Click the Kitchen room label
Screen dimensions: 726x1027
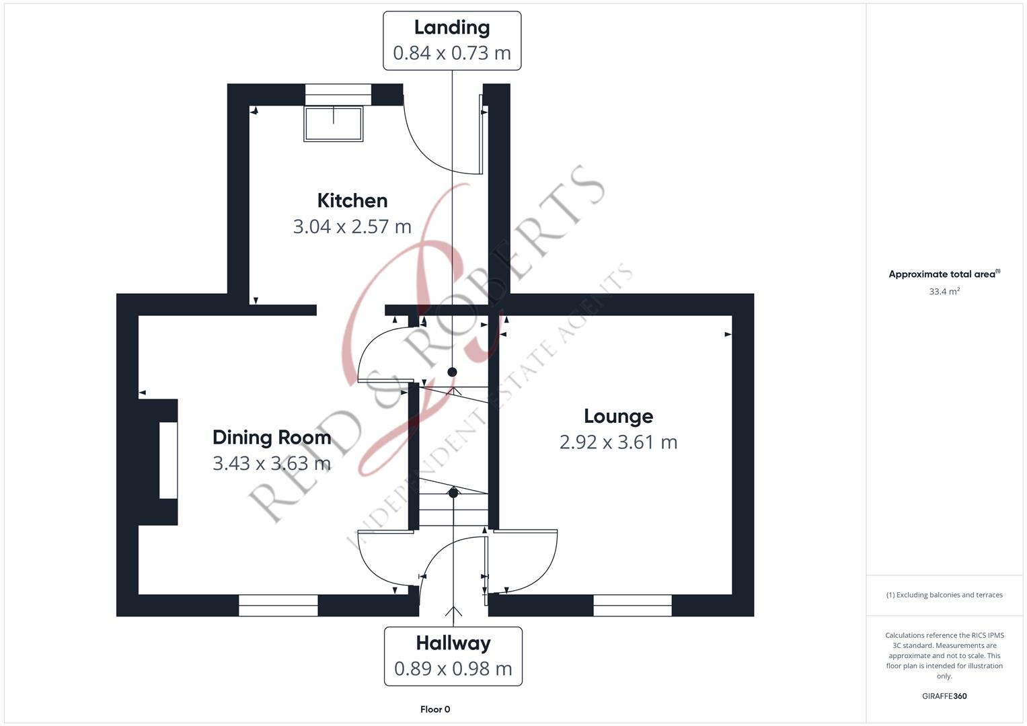[x=352, y=200]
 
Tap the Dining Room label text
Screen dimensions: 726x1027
[x=272, y=437]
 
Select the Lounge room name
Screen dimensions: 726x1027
[x=618, y=416]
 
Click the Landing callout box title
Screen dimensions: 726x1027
[x=451, y=28]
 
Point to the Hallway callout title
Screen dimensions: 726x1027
[x=453, y=643]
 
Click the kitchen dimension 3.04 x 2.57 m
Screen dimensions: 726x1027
[x=352, y=227]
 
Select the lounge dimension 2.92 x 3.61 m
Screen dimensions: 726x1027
[x=618, y=442]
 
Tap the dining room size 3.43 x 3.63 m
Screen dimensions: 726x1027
[x=272, y=463]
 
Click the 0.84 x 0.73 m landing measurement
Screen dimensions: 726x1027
[x=451, y=52]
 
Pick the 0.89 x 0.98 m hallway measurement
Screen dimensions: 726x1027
[x=453, y=668]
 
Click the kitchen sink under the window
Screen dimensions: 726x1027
[x=334, y=124]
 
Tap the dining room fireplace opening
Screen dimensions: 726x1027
[x=168, y=460]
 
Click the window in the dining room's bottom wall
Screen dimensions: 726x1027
[x=278, y=605]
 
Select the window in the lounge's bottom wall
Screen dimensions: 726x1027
[x=632, y=605]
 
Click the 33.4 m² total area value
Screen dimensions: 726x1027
[x=944, y=291]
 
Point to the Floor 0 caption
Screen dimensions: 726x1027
[x=435, y=709]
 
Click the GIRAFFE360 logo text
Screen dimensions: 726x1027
[x=944, y=696]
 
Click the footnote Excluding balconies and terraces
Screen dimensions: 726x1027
[x=944, y=595]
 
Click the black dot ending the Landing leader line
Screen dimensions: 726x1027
[x=452, y=372]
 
